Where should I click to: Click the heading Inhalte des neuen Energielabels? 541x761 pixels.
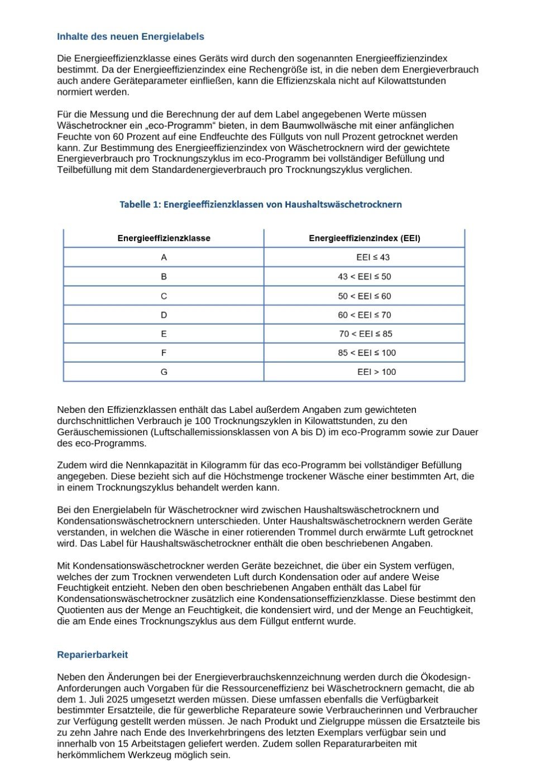pos(130,37)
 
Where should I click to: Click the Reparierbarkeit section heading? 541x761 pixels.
pos(92,654)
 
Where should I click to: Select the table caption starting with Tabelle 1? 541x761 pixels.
pos(261,204)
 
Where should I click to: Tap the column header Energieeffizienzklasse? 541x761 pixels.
pos(164,238)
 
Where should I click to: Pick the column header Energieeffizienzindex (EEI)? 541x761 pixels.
pos(365,238)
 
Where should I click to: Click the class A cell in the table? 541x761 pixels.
pos(164,257)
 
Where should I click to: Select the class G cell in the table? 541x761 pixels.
pos(164,372)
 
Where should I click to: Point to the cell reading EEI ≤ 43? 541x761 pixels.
pos(373,257)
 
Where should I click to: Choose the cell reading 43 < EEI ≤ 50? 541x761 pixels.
pos(365,277)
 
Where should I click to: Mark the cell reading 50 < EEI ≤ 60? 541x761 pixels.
pos(365,296)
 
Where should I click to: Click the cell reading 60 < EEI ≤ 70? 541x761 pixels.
pos(365,315)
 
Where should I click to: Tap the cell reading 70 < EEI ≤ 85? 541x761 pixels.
pos(366,334)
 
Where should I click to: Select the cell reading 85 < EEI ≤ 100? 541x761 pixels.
pos(367,353)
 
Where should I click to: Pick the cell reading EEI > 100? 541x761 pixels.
pos(376,372)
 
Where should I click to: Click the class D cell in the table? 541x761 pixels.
pos(164,315)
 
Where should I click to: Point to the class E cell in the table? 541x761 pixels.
pos(164,334)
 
